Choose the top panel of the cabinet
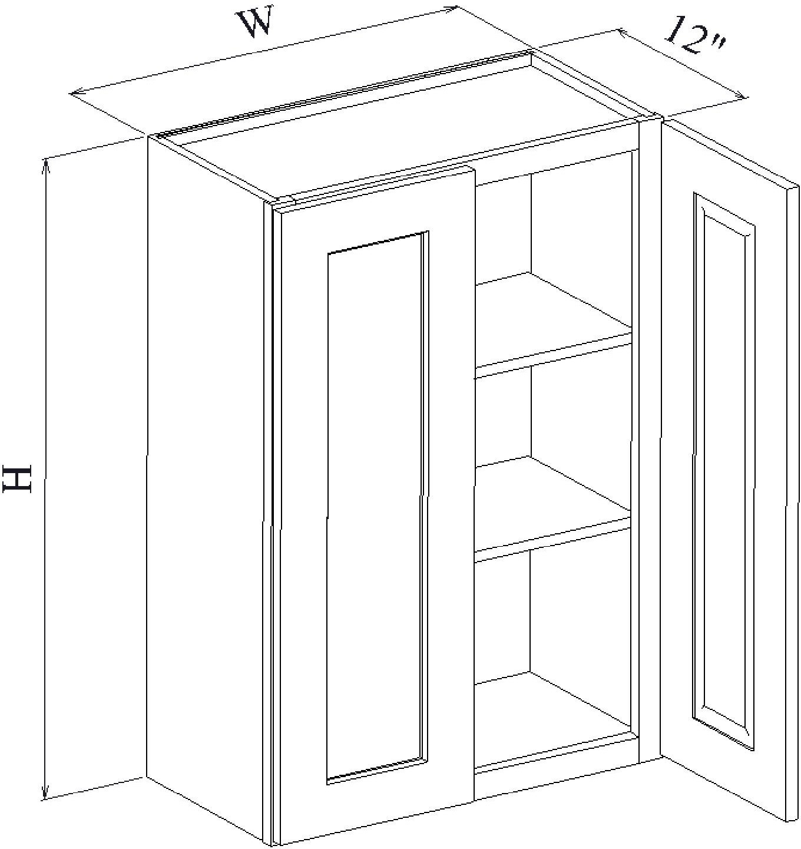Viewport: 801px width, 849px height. click(x=406, y=128)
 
